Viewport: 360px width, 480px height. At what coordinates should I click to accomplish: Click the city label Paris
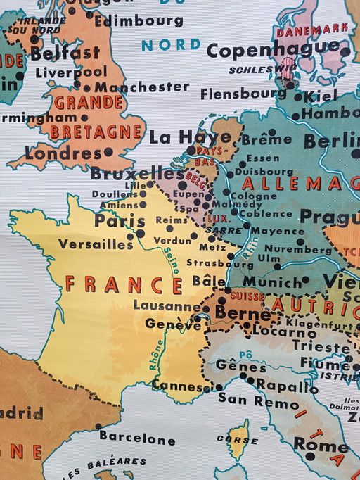120,220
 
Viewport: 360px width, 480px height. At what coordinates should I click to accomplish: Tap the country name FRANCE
123,284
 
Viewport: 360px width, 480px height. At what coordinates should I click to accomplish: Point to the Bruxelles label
137,173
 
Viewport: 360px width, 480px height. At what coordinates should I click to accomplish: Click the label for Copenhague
273,50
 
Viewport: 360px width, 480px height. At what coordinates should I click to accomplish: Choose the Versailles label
95,244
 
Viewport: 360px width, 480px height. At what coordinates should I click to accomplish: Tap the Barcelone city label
137,439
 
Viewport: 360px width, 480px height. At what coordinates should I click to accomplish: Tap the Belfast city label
65,53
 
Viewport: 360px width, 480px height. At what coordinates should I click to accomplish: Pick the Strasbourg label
219,263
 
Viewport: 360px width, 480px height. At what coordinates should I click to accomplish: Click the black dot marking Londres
108,151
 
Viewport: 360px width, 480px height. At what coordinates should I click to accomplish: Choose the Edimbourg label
139,21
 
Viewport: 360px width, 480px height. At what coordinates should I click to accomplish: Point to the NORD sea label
171,45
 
